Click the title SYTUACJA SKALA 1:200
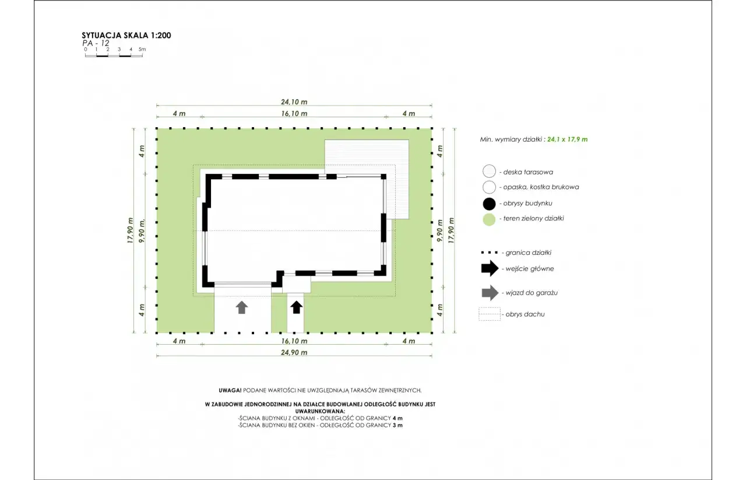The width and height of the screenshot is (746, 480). pos(126,36)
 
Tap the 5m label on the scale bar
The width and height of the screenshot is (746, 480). pos(142,50)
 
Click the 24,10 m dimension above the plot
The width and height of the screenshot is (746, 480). pos(294,102)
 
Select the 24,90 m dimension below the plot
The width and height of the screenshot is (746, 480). pos(294,352)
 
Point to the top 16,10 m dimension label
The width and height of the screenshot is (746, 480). pos(294,114)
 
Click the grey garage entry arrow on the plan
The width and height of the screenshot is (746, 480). pos(242,307)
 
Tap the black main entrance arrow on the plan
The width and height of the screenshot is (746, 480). pos(297,307)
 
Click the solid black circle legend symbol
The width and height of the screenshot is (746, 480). pos(489,204)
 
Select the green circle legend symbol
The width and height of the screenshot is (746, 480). pos(489,220)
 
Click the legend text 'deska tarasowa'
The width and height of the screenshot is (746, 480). pos(528,172)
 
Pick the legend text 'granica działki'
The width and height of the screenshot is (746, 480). pos(528,253)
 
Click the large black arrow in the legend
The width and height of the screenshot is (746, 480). pos(490,268)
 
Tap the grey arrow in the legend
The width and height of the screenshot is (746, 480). pos(490,293)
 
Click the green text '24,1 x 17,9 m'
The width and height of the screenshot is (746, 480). pos(568,139)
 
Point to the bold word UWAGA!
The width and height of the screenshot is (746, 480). pos(230,390)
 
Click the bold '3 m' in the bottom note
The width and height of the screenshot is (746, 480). pos(397,425)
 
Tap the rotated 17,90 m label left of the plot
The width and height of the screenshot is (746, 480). pos(130,230)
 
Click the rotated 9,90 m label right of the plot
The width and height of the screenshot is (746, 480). pos(439,230)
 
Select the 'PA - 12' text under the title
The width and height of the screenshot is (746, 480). pos(96,43)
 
